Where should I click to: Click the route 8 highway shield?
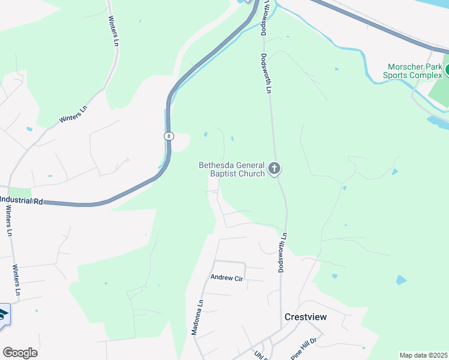click(x=169, y=136)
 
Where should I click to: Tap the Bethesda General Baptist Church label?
click(x=232, y=169)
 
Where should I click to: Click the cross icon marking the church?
click(x=274, y=169)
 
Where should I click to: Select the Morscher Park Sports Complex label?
click(x=414, y=71)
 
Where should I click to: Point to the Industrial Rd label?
click(x=22, y=200)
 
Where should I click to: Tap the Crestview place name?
click(x=306, y=317)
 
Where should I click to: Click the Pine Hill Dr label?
click(x=304, y=347)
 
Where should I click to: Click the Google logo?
click(x=20, y=352)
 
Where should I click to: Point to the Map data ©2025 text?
click(x=424, y=355)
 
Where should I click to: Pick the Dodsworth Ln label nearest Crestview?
click(x=282, y=253)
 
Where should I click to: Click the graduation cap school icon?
click(x=3, y=316)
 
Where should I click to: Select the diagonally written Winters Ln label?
click(x=73, y=114)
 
